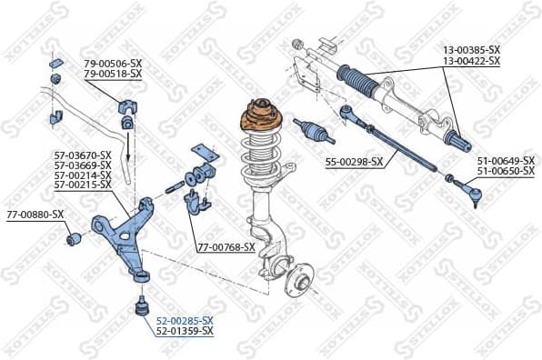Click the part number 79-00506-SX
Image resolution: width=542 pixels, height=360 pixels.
113,63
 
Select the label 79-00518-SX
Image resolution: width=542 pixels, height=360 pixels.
113,73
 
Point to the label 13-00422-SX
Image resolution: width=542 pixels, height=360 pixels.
471,61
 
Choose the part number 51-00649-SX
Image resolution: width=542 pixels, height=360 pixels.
506,161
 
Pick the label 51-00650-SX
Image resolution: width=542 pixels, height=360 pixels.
506,171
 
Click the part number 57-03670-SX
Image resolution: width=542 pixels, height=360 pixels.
82,155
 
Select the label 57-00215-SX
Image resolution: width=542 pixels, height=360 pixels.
82,185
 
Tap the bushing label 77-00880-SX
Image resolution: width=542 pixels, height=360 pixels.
35,215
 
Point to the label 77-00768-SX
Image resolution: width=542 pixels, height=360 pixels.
226,247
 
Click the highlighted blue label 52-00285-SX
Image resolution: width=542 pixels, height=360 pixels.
185,321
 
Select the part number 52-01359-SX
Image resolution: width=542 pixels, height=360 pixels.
185,331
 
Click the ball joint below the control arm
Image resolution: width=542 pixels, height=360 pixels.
142,305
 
